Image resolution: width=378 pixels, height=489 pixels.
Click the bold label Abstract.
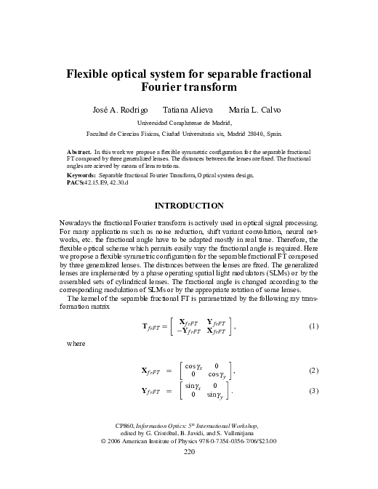tap(80, 153)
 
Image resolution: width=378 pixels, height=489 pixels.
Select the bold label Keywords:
tap(81, 177)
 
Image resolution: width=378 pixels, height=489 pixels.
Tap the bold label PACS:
tap(76, 183)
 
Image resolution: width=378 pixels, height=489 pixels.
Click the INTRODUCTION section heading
tap(189, 206)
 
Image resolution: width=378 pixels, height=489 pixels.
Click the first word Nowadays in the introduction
tap(76, 221)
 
